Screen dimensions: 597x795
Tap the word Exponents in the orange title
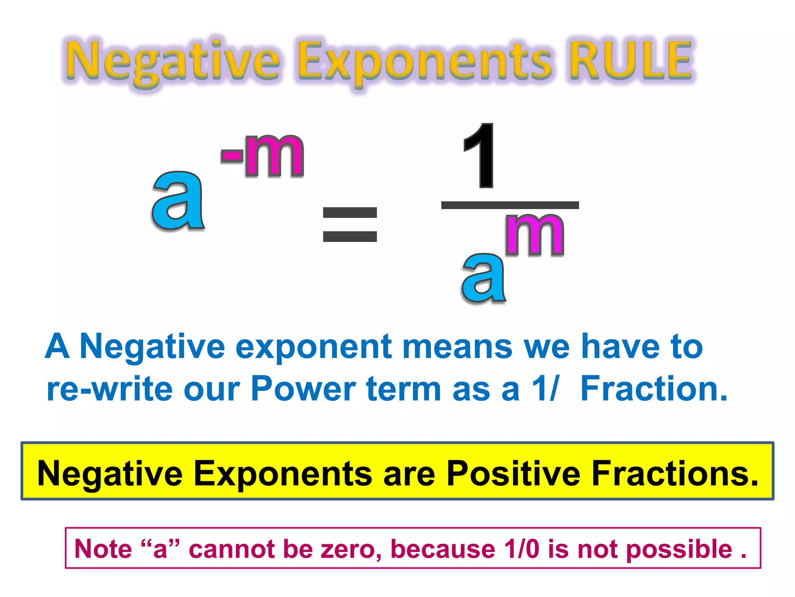[425, 62]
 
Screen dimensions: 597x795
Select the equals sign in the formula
[350, 224]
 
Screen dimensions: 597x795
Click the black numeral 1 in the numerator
[480, 155]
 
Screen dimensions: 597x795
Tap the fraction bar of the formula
[510, 205]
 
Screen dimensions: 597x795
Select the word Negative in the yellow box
[110, 473]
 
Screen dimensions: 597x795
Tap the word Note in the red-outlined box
[103, 549]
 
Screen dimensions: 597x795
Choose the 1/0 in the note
[522, 549]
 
